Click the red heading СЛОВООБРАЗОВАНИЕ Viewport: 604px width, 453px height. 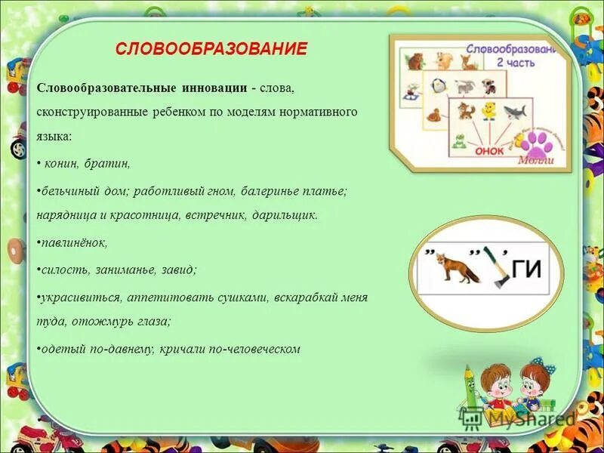(x=211, y=49)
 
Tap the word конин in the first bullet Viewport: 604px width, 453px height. (x=63, y=162)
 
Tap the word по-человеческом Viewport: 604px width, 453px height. (x=249, y=349)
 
